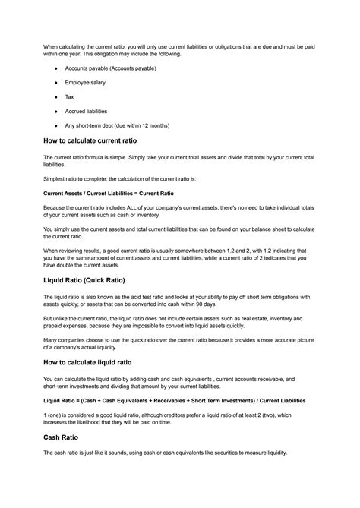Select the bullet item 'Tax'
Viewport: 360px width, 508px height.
(69, 96)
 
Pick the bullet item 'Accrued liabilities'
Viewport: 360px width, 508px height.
(86, 111)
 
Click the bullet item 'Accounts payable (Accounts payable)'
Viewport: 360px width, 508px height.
(110, 68)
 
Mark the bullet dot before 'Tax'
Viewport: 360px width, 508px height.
(56, 96)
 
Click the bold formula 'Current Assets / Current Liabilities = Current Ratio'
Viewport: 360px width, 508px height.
(109, 193)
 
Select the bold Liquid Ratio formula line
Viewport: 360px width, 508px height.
(174, 400)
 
